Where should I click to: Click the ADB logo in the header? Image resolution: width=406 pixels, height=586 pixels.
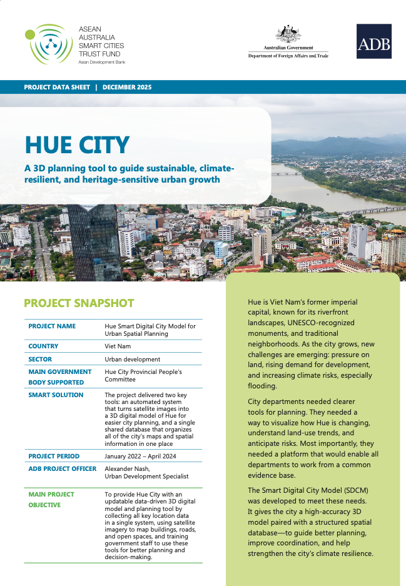[373, 41]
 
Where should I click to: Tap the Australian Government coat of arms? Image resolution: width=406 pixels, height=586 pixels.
[288, 34]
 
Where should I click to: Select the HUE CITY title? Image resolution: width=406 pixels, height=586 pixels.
[77, 144]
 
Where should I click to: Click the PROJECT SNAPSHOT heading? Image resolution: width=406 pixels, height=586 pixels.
[79, 303]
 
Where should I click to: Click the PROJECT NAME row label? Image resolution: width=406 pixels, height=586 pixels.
[52, 326]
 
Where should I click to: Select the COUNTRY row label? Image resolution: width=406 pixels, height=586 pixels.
[43, 346]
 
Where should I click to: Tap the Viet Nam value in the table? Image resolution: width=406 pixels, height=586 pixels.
[118, 346]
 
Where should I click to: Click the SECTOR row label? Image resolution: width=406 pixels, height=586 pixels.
[40, 360]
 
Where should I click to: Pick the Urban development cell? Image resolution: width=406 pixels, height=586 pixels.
[132, 360]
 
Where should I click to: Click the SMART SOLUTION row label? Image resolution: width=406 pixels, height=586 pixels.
[56, 395]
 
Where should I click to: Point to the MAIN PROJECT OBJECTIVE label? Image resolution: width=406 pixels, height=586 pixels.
[51, 499]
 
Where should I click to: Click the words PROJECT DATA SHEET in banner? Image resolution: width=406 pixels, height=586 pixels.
[57, 87]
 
